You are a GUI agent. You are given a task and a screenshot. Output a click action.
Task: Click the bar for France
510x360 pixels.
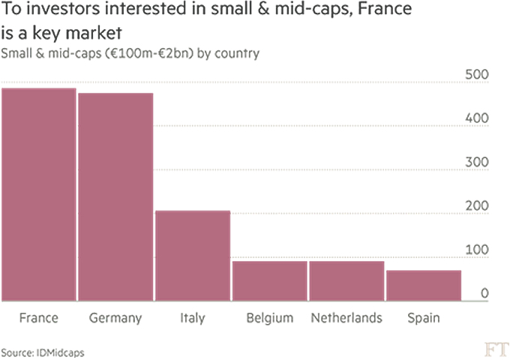point(38,195)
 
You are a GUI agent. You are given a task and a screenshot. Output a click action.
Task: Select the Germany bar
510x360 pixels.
point(115,197)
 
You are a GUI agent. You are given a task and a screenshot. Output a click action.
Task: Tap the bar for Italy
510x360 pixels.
point(192,256)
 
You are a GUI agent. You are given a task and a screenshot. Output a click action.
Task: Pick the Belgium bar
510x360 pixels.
point(269,280)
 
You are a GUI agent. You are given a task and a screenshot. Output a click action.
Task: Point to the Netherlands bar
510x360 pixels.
point(346,280)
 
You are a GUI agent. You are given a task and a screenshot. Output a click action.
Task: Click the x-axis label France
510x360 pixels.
point(38,318)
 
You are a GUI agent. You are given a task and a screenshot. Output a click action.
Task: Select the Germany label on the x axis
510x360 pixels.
point(115,318)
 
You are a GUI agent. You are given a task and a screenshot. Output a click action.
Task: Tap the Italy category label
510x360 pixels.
point(192,318)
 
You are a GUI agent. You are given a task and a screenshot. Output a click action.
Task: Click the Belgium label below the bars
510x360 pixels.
point(269,318)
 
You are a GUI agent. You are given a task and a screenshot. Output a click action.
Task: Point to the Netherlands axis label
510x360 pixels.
point(346,318)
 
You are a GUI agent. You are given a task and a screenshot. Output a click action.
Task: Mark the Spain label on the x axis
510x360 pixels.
point(423,318)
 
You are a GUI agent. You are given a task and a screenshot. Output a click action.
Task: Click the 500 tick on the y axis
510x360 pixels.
point(478,76)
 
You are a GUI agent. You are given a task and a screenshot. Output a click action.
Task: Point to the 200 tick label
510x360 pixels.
point(478,205)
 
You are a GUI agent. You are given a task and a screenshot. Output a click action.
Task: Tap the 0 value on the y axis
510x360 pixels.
point(485,292)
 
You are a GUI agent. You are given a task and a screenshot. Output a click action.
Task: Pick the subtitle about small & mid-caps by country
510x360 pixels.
point(131,53)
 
